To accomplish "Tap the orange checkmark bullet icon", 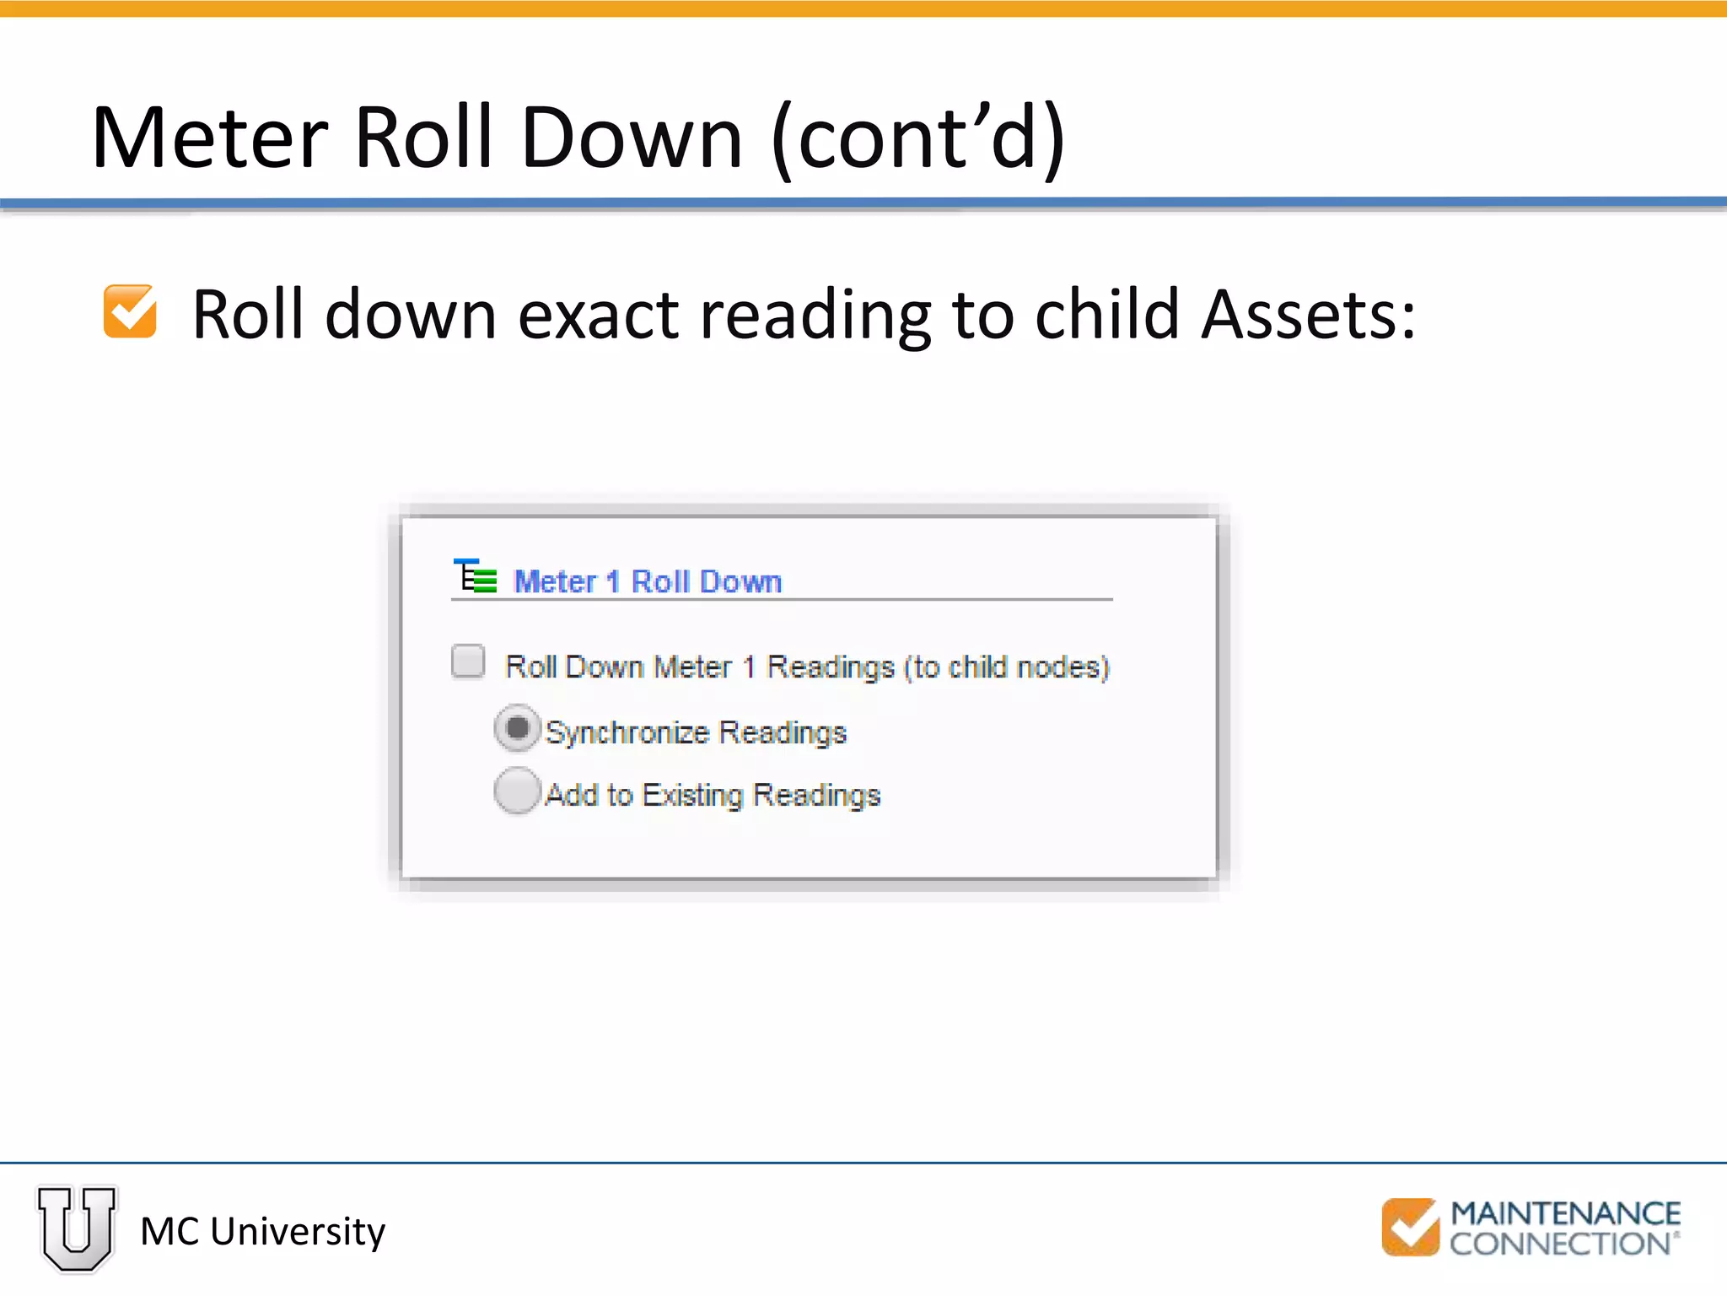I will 130,311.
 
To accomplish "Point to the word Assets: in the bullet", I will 1308,315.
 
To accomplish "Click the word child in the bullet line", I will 1106,315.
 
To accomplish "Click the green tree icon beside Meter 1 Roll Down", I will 476,577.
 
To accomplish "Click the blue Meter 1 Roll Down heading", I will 648,581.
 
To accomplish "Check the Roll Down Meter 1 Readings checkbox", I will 468,661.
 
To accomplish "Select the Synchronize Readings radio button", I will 517,728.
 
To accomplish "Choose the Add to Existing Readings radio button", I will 517,791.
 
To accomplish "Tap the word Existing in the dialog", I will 691,795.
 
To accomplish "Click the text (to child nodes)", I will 1006,667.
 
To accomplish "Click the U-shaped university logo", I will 77,1228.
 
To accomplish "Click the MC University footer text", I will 262,1231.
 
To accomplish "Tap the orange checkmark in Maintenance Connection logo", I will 1410,1227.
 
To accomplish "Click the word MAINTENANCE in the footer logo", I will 1565,1213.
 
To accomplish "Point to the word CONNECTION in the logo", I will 1560,1244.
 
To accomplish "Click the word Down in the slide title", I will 632,138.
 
